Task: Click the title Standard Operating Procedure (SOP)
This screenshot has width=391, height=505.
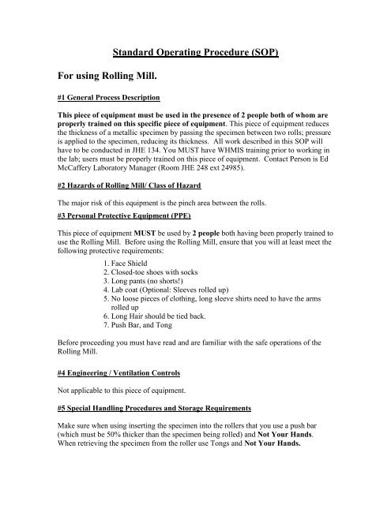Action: [196, 55]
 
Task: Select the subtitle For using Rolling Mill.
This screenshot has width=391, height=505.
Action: [115, 79]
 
